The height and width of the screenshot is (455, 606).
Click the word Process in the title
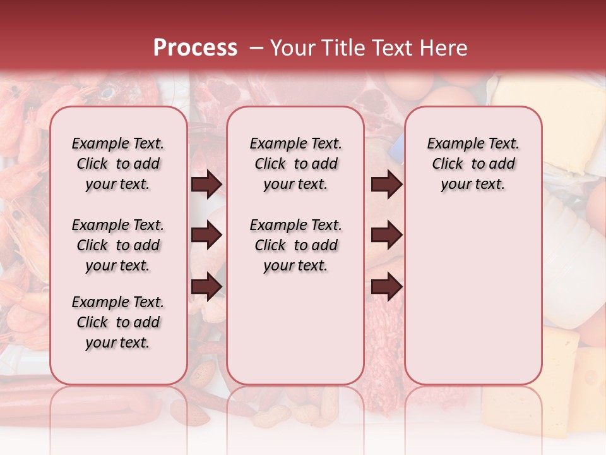pyautogui.click(x=195, y=48)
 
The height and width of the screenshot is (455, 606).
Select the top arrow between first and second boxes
pyautogui.click(x=206, y=184)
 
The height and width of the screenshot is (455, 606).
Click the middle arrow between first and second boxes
pyautogui.click(x=206, y=236)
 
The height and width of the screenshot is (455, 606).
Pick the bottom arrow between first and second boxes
pyautogui.click(x=206, y=287)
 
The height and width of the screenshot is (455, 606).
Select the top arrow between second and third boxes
pyautogui.click(x=386, y=184)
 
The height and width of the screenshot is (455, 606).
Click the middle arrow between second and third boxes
pyautogui.click(x=386, y=236)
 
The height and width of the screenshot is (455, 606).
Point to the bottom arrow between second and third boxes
pyautogui.click(x=386, y=287)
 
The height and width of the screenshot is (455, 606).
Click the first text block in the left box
pyautogui.click(x=118, y=164)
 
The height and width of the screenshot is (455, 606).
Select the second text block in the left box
pyautogui.click(x=118, y=245)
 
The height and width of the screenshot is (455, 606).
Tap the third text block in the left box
pyautogui.click(x=118, y=322)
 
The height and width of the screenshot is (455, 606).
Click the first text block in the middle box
pyautogui.click(x=295, y=164)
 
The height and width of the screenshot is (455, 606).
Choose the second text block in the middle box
pyautogui.click(x=295, y=245)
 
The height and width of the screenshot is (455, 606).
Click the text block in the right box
pyautogui.click(x=473, y=164)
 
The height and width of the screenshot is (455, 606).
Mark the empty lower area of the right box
pyautogui.click(x=473, y=297)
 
